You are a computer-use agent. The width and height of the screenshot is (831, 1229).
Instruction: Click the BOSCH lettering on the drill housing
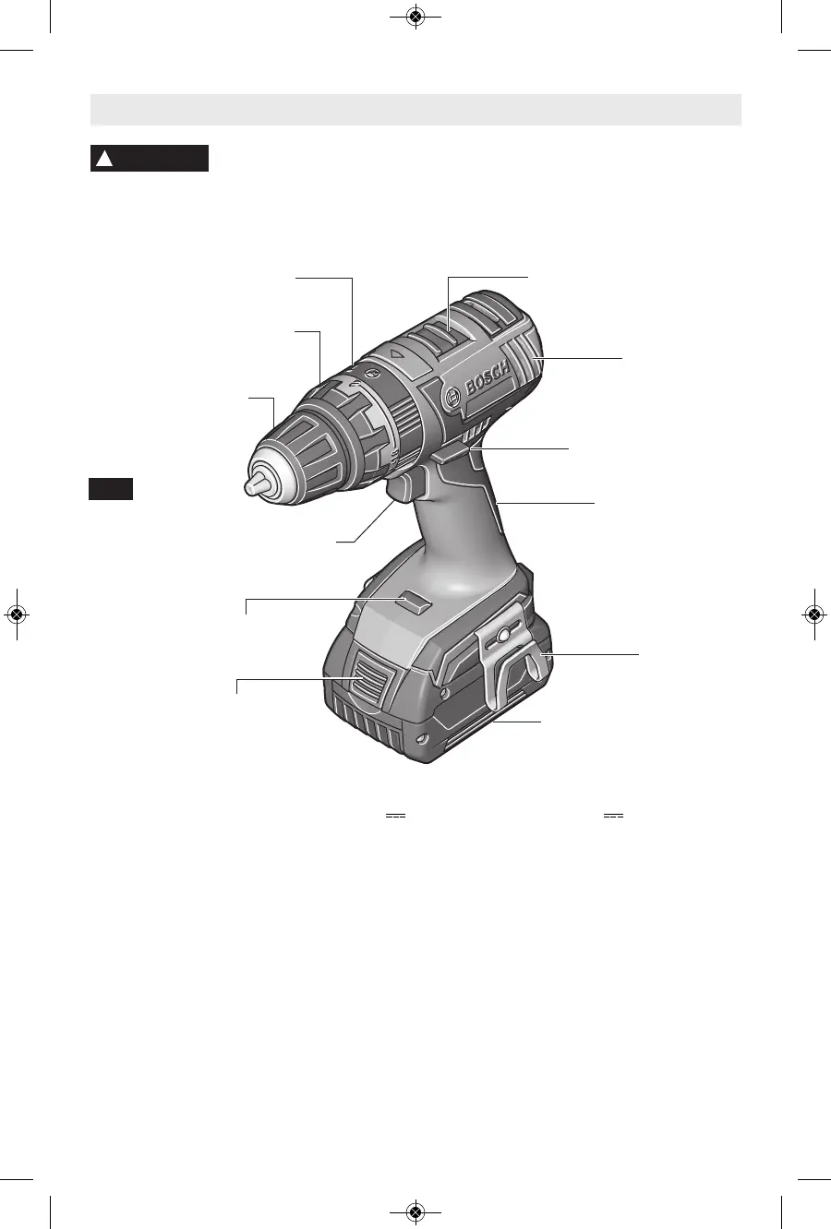[x=488, y=379]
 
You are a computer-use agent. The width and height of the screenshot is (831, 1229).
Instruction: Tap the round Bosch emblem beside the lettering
[x=452, y=397]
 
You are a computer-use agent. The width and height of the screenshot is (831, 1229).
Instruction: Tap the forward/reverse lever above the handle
[x=452, y=454]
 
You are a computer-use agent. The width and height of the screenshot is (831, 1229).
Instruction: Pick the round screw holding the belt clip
[x=501, y=636]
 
